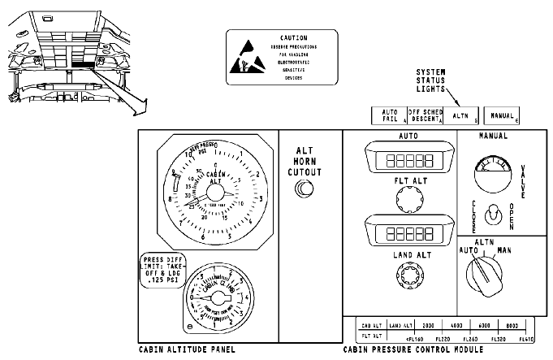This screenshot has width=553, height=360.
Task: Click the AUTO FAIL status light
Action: [389, 115]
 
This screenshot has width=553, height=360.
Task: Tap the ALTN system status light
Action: [460, 115]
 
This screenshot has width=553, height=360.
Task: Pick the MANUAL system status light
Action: [502, 115]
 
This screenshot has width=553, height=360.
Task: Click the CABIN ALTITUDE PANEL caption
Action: [187, 349]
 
